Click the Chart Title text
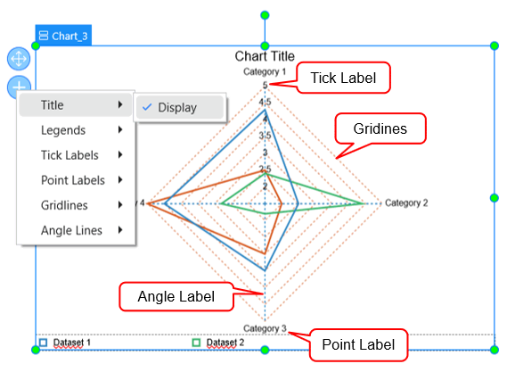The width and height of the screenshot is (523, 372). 265,57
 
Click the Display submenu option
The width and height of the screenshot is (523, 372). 177,108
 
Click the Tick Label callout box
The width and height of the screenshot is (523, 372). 343,79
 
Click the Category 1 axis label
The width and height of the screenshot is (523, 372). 265,71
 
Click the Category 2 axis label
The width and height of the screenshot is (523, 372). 406,203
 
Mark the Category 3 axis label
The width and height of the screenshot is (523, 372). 265,328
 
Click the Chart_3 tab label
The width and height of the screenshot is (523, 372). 63,37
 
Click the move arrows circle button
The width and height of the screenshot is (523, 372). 19,60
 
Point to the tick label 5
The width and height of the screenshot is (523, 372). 264,85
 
